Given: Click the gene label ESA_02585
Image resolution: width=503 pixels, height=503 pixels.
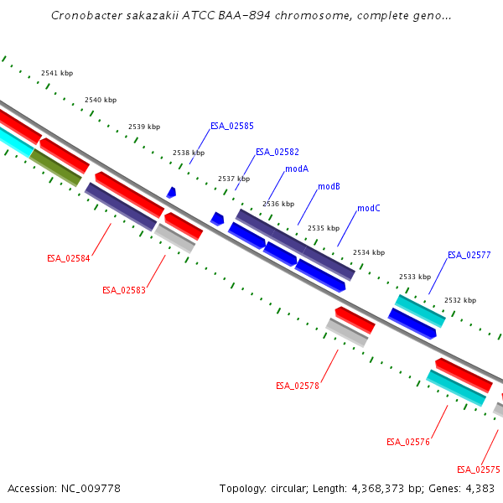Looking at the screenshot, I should (232, 126).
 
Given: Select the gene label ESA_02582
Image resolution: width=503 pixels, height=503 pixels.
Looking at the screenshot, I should (277, 152).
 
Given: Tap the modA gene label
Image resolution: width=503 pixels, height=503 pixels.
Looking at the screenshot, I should (297, 169).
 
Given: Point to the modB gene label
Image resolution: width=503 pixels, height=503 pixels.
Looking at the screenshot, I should (329, 186).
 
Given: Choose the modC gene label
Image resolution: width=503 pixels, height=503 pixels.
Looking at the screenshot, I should (369, 208).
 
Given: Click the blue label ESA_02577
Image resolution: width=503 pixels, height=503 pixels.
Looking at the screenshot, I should (469, 255).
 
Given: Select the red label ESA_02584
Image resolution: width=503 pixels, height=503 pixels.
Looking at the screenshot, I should (69, 258).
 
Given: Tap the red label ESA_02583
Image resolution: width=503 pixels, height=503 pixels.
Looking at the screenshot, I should (124, 290).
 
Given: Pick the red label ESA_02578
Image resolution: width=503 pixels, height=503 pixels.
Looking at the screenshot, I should (298, 386).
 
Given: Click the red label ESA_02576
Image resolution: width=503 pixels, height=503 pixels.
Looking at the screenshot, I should (407, 442).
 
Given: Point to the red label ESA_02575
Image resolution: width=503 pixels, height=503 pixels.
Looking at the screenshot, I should (479, 469).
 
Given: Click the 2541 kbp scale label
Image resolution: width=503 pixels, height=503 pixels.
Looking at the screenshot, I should (57, 74).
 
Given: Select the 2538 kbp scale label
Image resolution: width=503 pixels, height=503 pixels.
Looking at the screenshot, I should (189, 153).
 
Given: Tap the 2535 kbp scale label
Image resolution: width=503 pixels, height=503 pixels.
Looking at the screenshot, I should (324, 228).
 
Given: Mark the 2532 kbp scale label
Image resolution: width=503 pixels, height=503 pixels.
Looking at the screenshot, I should (460, 300).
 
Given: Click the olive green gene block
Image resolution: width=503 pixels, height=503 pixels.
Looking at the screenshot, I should (55, 168).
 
